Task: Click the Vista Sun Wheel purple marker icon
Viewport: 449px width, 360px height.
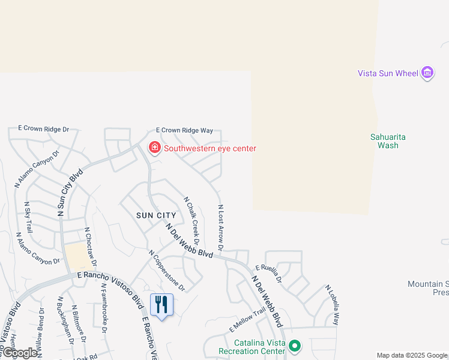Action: click(427, 73)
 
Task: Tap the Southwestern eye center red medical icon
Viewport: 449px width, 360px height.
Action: click(154, 148)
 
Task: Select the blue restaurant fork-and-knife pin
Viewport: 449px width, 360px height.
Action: click(161, 305)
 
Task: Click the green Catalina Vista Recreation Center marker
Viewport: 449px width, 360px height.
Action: click(294, 346)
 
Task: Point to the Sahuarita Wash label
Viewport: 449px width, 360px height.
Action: click(388, 141)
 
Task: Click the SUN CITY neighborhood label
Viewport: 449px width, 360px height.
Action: click(156, 215)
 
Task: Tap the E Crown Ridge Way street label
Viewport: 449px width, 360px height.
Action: click(184, 130)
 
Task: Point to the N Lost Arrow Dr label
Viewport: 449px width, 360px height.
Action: click(221, 227)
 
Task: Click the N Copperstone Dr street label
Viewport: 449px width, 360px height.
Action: click(167, 271)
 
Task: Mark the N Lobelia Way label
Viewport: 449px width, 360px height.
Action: click(332, 305)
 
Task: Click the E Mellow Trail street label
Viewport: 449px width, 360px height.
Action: click(247, 321)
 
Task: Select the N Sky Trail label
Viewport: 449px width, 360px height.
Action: click(28, 217)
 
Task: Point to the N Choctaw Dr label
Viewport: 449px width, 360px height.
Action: click(91, 247)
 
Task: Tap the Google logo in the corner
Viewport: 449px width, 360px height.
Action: click(20, 353)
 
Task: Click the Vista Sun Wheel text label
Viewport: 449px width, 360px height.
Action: click(388, 73)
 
